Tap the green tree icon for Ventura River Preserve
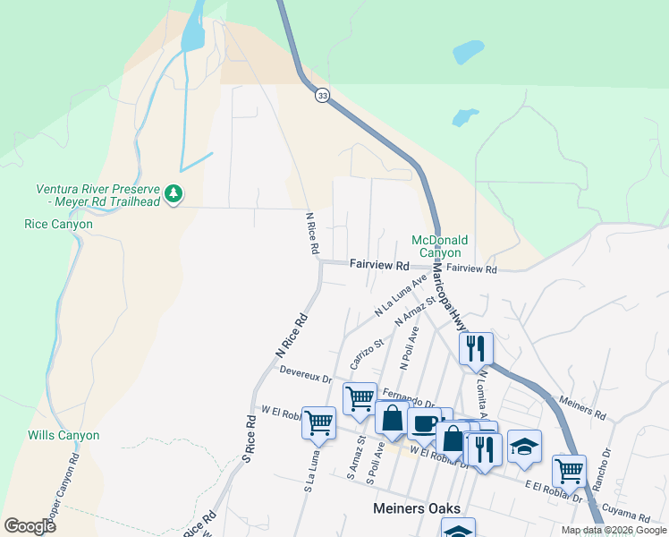coord(174,192)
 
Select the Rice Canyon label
coord(58,224)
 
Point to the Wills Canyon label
coord(62,435)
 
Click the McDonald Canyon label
coord(439,246)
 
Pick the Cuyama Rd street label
coord(631,516)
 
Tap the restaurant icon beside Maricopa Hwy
coord(476,347)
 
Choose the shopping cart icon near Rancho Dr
coord(569,468)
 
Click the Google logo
coord(30,525)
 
